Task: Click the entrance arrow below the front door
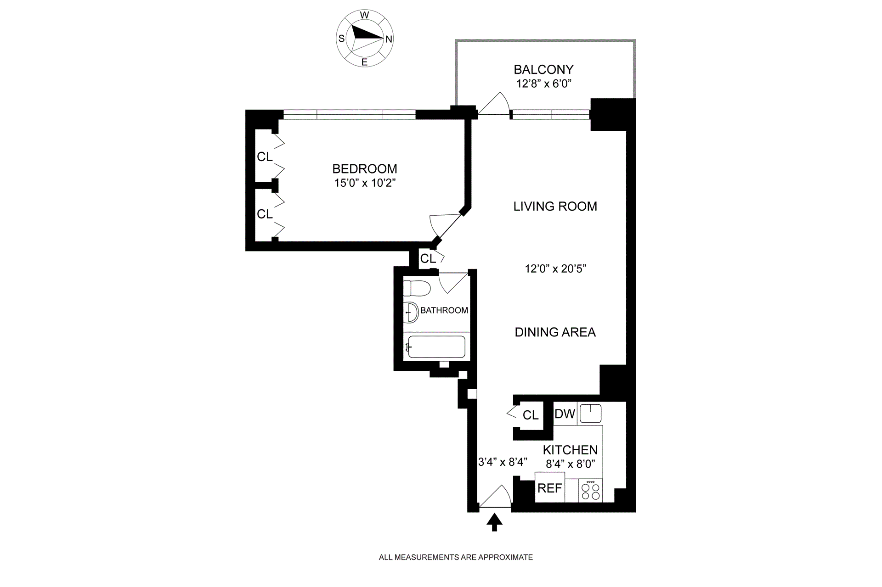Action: [494, 522]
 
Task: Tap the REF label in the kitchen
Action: [549, 488]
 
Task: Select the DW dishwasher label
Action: [565, 414]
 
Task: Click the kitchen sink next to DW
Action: [590, 414]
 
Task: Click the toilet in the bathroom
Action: [417, 289]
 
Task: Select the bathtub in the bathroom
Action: [436, 347]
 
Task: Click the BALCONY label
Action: [543, 70]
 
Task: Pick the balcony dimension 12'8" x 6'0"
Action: [543, 84]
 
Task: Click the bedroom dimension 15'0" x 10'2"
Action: [365, 183]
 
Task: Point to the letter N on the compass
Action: [389, 39]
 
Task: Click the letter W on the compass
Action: [364, 15]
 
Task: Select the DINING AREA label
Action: [555, 332]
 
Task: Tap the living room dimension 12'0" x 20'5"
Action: [555, 269]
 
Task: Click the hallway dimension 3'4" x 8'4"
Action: [503, 462]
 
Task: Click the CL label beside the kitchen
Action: [530, 415]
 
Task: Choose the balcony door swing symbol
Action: [495, 105]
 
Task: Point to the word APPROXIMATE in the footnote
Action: [505, 557]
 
